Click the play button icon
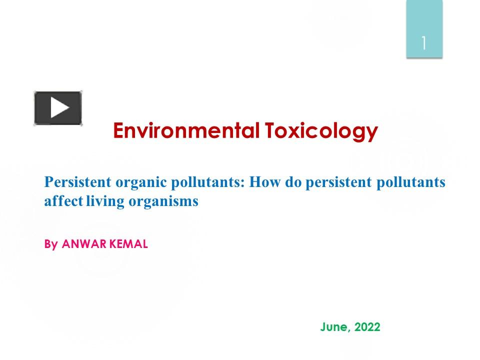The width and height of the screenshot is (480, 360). point(58,108)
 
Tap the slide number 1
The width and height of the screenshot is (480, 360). point(424,43)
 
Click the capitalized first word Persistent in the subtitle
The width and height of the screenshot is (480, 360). point(77,182)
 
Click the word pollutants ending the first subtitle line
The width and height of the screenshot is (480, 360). point(408,182)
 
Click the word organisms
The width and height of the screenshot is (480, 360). point(160,202)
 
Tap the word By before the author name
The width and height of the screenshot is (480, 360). point(51,245)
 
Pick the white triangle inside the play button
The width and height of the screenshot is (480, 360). point(59,108)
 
